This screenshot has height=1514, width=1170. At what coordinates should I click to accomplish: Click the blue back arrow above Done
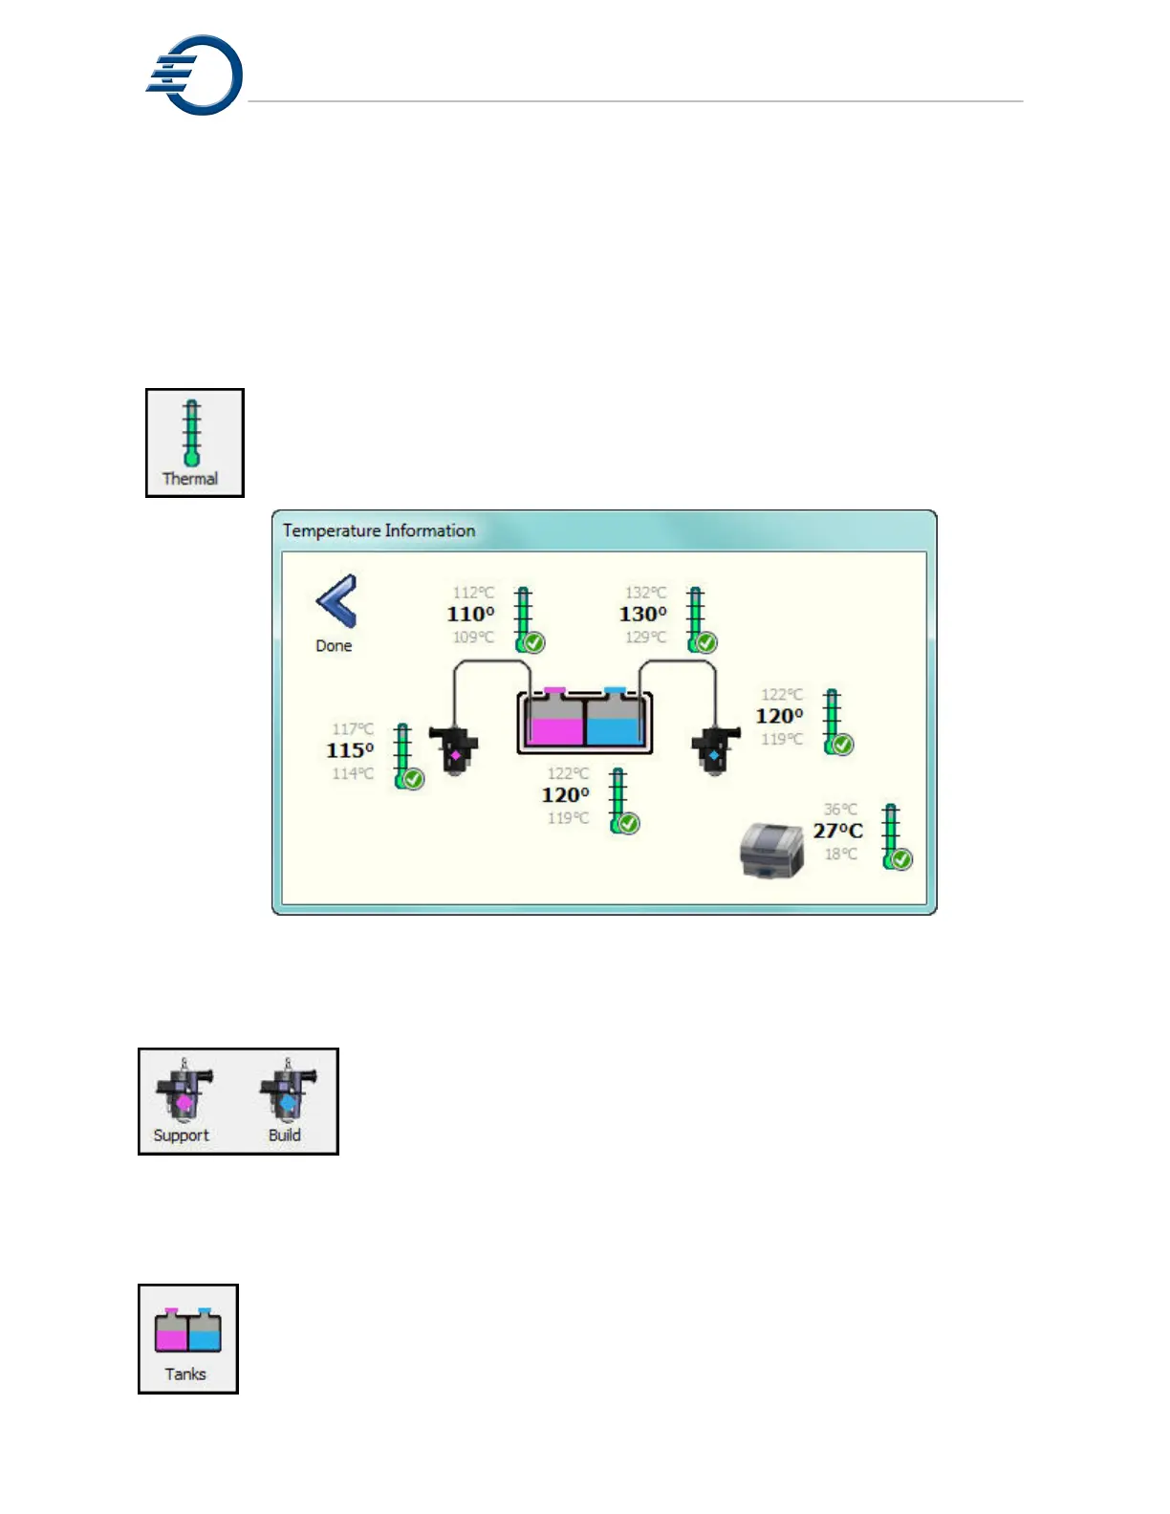click(336, 601)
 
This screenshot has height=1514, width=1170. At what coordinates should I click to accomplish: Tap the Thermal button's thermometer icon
click(192, 433)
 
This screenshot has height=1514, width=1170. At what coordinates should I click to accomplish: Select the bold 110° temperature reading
click(470, 615)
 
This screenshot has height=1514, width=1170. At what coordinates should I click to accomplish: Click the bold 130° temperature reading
click(642, 615)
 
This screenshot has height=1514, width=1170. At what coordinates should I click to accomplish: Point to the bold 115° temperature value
click(350, 751)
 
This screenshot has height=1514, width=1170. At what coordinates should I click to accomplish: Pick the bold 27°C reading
click(837, 832)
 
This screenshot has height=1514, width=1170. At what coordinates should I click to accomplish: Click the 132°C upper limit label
click(645, 593)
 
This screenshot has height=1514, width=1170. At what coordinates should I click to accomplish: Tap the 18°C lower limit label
click(840, 854)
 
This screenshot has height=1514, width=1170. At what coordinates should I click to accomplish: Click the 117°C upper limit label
click(353, 729)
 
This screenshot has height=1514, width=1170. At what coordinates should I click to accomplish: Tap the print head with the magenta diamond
click(454, 751)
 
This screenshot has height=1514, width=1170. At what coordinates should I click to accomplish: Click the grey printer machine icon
click(772, 850)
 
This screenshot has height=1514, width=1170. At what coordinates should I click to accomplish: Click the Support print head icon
click(184, 1093)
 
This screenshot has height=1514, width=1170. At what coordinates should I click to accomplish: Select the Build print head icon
click(288, 1093)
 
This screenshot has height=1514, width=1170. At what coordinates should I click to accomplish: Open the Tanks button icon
click(188, 1330)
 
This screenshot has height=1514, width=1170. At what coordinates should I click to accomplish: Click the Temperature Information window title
click(379, 530)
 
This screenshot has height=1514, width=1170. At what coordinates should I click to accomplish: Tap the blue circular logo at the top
click(196, 76)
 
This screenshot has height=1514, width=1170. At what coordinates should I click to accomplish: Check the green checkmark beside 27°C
click(901, 859)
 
